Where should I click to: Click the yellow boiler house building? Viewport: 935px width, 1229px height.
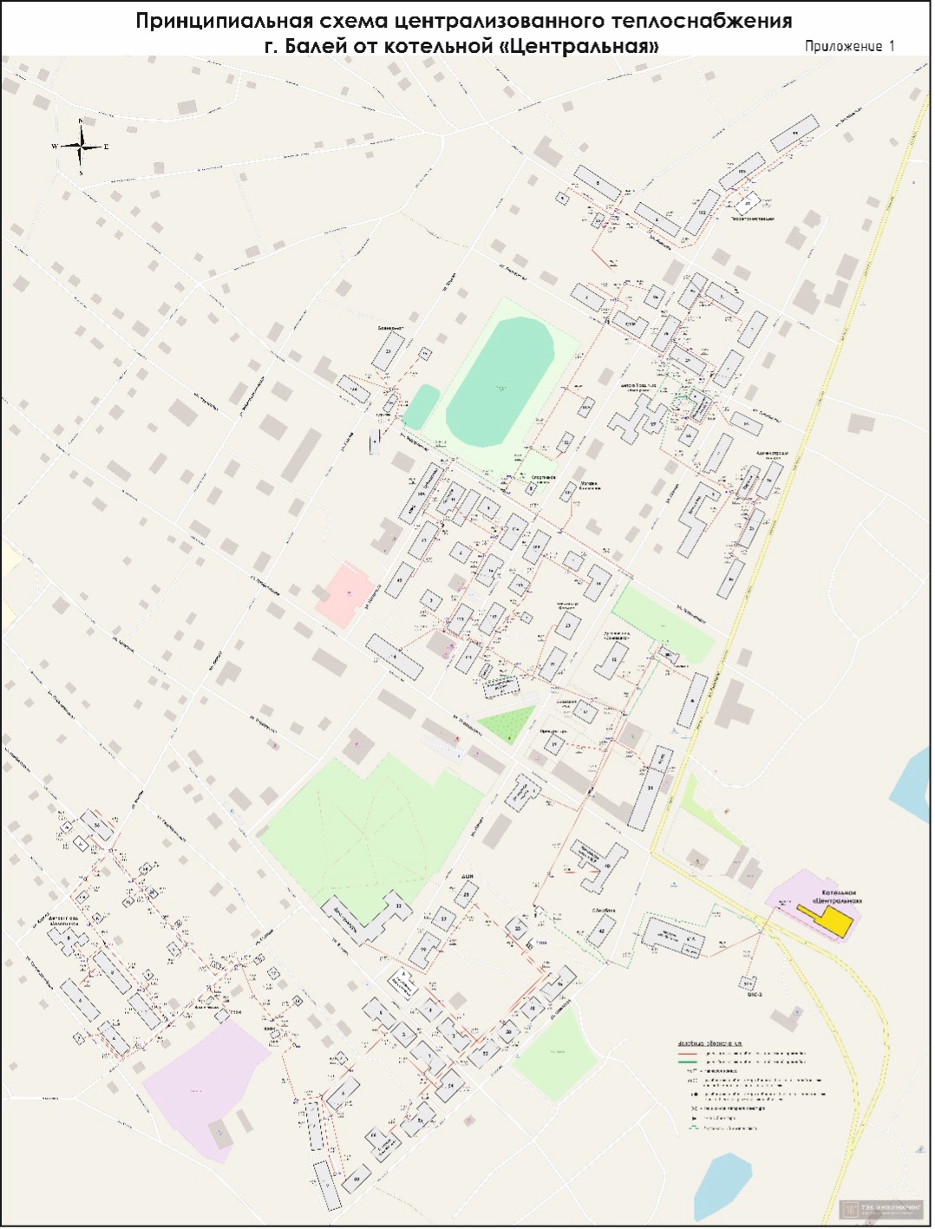pyautogui.click(x=835, y=920)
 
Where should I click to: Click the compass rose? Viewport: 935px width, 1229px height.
pyautogui.click(x=81, y=147)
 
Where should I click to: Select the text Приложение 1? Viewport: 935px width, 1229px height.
pyautogui.click(x=848, y=47)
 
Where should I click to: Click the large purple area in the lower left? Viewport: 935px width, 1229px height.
pyautogui.click(x=204, y=1084)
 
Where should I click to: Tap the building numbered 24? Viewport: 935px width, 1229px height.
pyautogui.click(x=450, y=1086)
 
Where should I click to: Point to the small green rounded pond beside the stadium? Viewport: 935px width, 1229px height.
pyautogui.click(x=422, y=406)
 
